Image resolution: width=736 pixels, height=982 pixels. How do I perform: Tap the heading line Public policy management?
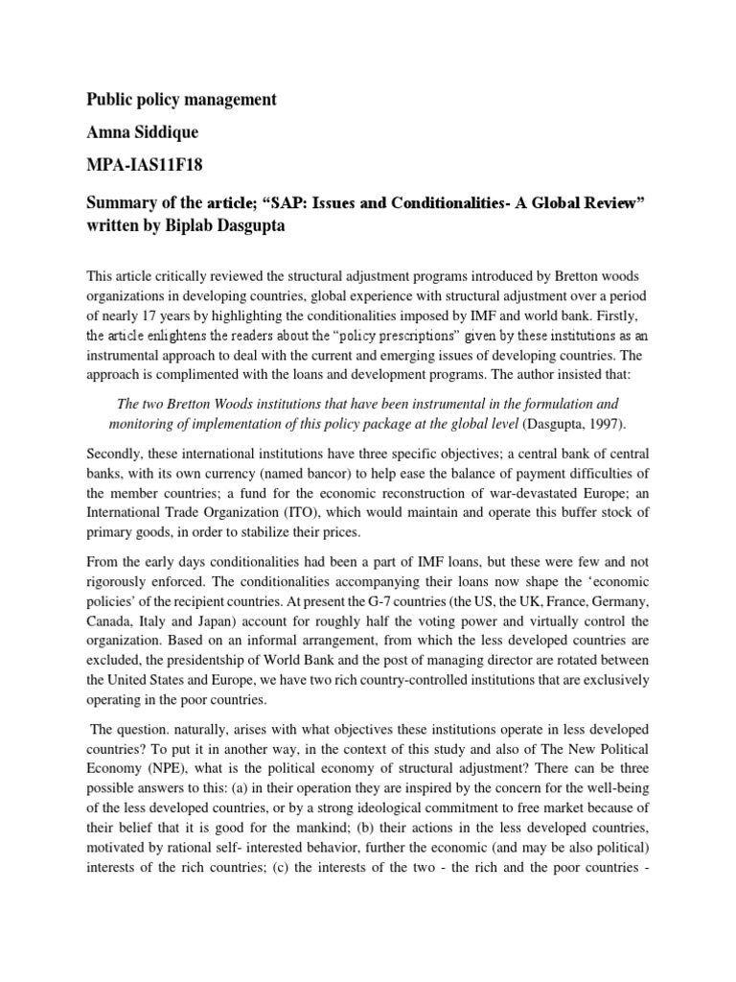[x=182, y=100]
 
